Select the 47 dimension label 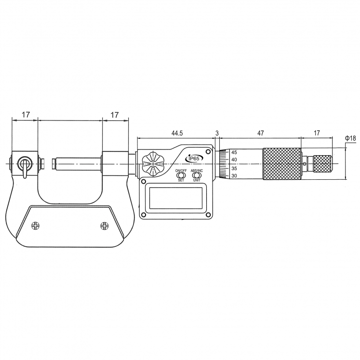[x=260, y=132]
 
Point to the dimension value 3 [x=217, y=132]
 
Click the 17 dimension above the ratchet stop [x=317, y=132]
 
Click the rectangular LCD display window [x=175, y=198]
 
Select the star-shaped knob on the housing [x=153, y=163]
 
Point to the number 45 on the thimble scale [x=234, y=152]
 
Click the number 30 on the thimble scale [x=234, y=176]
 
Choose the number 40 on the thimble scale [x=234, y=160]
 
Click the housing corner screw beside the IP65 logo [x=208, y=152]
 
